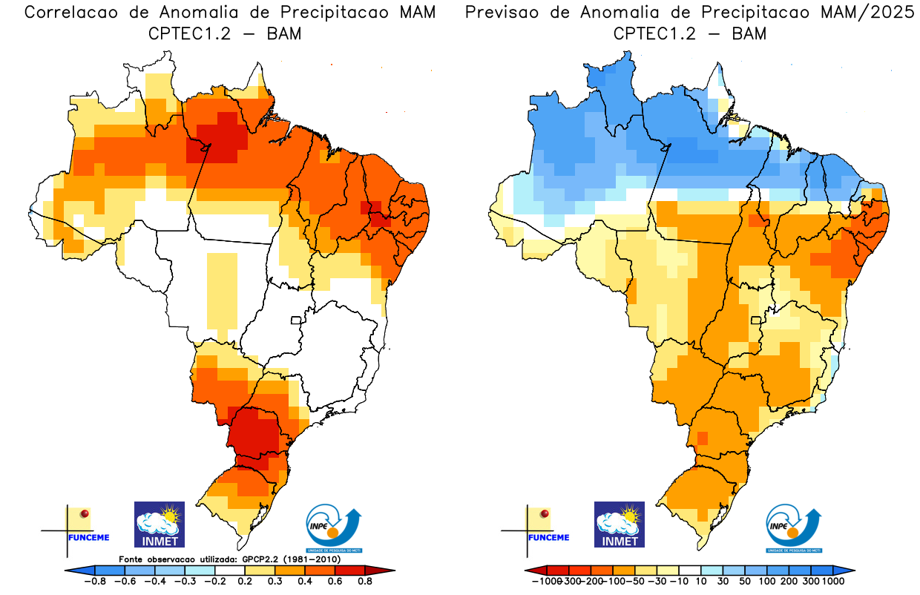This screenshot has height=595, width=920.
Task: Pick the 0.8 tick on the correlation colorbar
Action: click(366, 582)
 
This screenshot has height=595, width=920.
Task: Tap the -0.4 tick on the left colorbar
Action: click(156, 582)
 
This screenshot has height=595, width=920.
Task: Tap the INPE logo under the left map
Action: click(335, 527)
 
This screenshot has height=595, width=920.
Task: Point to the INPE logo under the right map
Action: click(794, 527)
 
